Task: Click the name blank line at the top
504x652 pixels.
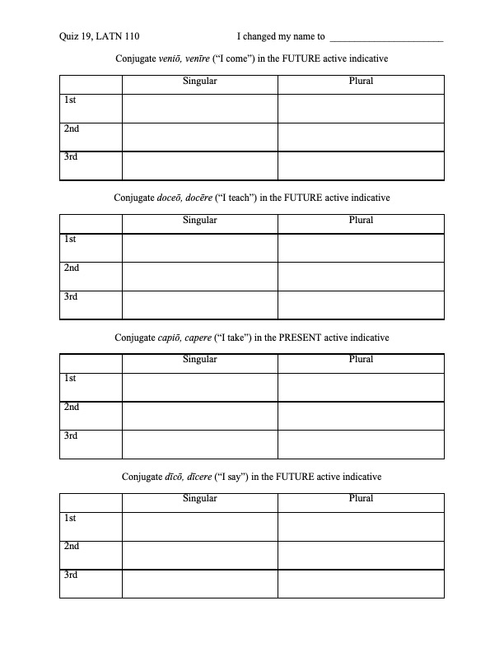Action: (385, 38)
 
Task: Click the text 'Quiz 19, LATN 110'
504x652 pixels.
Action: (94, 36)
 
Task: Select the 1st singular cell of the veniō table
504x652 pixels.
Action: (199, 109)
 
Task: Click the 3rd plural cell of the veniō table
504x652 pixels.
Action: (361, 165)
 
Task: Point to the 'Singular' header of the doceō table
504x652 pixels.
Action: (199, 220)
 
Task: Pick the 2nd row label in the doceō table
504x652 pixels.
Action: (72, 268)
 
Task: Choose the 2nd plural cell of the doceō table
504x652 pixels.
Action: (361, 276)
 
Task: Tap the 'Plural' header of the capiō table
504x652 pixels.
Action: (361, 359)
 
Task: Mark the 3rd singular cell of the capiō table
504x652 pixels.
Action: (199, 444)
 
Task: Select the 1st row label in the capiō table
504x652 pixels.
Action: (71, 378)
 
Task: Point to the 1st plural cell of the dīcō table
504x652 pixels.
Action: (361, 526)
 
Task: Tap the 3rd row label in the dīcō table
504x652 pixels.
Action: (71, 574)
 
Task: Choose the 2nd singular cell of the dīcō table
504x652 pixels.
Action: (199, 554)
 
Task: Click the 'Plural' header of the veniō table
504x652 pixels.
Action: (361, 81)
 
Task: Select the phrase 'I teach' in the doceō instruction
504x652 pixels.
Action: (236, 198)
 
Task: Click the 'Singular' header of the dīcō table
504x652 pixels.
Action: (199, 498)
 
